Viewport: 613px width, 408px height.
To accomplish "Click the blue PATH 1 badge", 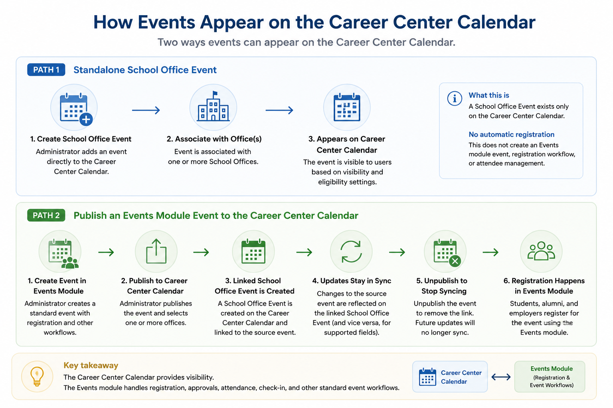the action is pyautogui.click(x=46, y=70).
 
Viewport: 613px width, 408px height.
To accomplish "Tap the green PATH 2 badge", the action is pyautogui.click(x=46, y=215).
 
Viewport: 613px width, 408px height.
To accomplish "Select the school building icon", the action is pyautogui.click(x=214, y=106).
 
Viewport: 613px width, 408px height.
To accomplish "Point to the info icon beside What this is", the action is pyautogui.click(x=455, y=98).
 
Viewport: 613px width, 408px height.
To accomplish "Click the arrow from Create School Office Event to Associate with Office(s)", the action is pyautogui.click(x=146, y=110).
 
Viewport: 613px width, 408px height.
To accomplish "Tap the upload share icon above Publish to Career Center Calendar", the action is pyautogui.click(x=156, y=251).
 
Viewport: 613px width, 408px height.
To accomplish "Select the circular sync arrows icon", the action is pyautogui.click(x=351, y=251).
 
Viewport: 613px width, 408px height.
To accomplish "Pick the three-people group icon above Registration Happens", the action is pyautogui.click(x=541, y=251).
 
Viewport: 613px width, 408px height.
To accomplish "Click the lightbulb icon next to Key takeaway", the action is pyautogui.click(x=37, y=376).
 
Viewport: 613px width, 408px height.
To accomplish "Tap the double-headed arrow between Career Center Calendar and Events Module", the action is pyautogui.click(x=501, y=377).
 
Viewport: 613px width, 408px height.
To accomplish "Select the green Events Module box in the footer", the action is pyautogui.click(x=550, y=377).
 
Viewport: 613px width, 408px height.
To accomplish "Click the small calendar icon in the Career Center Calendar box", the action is pyautogui.click(x=427, y=377).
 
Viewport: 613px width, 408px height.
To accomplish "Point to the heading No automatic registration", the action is pyautogui.click(x=512, y=134).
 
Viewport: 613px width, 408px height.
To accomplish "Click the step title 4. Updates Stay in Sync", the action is pyautogui.click(x=352, y=280).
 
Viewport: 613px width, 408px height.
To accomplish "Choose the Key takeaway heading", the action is pyautogui.click(x=91, y=365).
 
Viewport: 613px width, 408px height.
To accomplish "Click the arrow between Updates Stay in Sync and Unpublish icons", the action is pyautogui.click(x=397, y=252).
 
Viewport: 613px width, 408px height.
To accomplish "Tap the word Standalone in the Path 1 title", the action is pyautogui.click(x=99, y=70).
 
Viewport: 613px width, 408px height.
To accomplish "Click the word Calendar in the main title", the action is pyautogui.click(x=496, y=22).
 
